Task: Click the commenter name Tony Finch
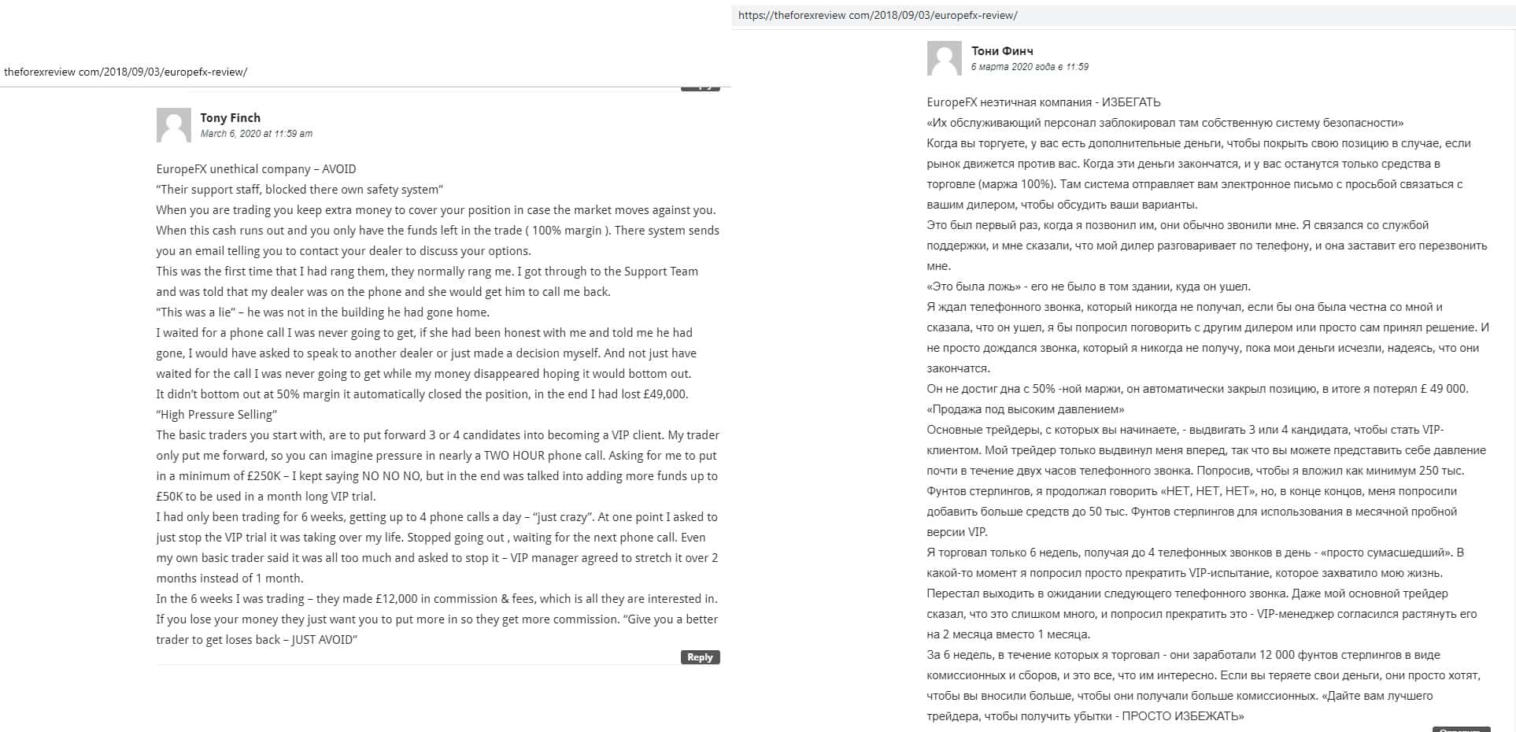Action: tap(230, 118)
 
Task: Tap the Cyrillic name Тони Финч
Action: tap(1002, 51)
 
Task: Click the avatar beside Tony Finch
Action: tap(173, 125)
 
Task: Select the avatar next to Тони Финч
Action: tap(944, 58)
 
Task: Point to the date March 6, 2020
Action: tap(256, 134)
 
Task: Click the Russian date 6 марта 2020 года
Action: tap(1030, 67)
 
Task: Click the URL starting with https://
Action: tap(877, 16)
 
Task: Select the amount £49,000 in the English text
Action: tap(665, 394)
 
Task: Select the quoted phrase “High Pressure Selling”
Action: tap(216, 415)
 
